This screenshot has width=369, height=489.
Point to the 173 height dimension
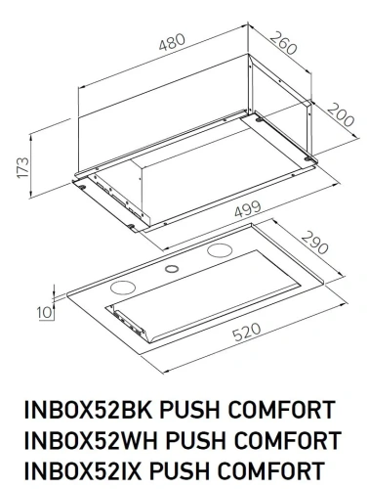(13, 166)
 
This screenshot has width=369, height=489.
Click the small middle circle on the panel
(171, 269)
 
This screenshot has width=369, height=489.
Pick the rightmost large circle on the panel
(219, 252)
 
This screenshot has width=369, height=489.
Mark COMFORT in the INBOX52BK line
(282, 407)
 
